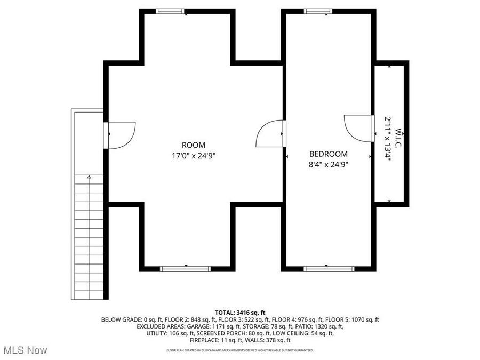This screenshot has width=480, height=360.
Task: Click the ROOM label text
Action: pos(193,145)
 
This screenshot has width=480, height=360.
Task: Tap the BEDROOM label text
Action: pos(329,154)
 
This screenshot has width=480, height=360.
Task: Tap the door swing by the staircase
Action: pos(122,135)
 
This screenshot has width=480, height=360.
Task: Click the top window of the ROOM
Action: pos(171,11)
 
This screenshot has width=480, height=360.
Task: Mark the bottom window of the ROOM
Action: pos(186,269)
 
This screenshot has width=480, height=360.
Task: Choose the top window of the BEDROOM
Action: pos(318,11)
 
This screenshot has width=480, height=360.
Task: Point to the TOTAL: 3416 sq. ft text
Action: pos(240,313)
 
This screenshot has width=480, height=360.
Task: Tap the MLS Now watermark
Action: pos(26,350)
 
